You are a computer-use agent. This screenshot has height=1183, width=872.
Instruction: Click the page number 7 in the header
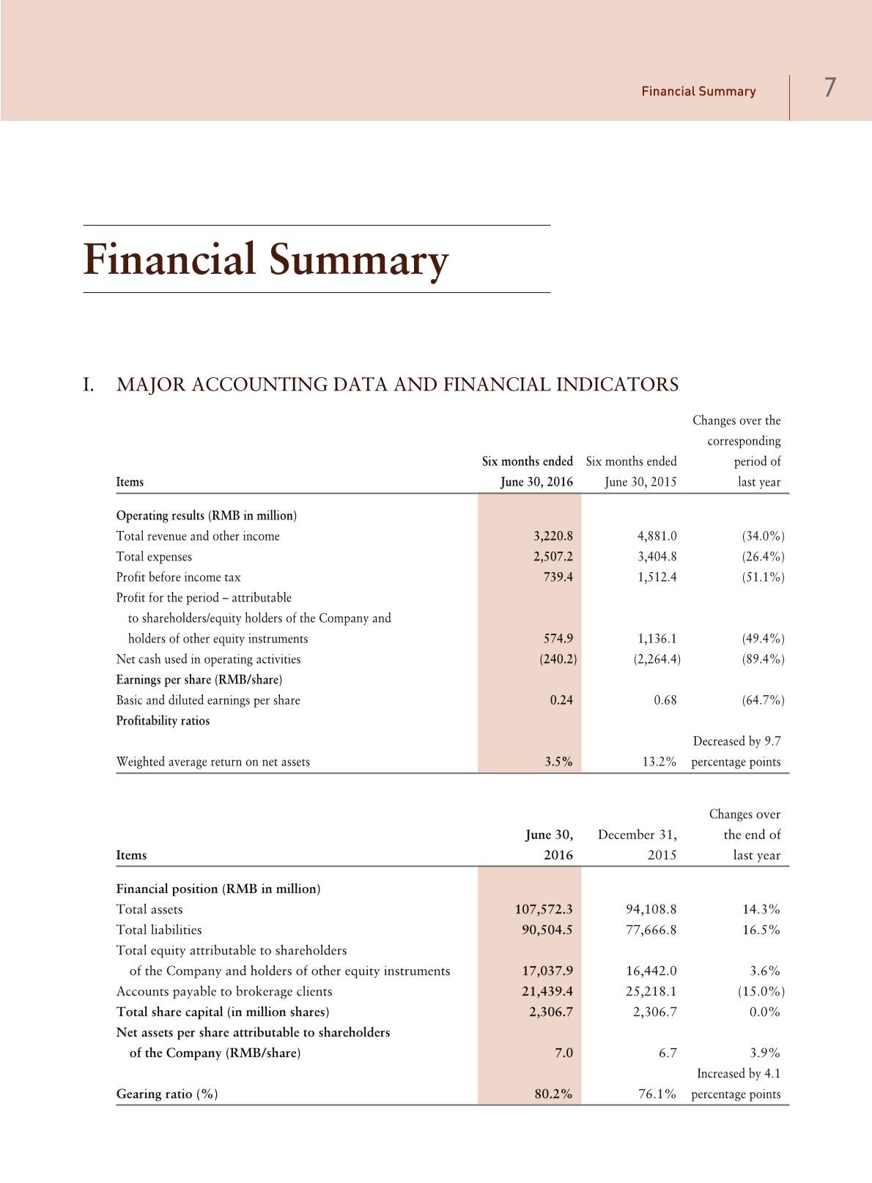pos(829,88)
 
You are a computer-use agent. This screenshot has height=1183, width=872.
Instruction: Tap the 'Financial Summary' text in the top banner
pos(698,92)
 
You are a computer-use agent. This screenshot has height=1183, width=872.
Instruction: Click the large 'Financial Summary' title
pos(265,259)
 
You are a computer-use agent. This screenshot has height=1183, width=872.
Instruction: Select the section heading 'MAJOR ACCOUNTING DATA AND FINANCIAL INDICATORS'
pos(397,385)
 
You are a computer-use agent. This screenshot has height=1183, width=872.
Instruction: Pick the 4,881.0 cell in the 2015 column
pos(657,536)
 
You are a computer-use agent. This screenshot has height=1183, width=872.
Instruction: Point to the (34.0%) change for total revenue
pos(763,536)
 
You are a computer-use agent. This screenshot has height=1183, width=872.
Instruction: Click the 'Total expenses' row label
pos(154,557)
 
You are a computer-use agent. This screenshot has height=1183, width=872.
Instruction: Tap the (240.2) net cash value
pos(558,659)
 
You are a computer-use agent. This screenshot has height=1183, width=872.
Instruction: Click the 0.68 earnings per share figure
pos(665,700)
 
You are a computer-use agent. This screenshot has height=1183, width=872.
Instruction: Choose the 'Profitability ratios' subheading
pos(163,721)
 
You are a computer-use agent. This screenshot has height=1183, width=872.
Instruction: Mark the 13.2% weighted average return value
pos(659,762)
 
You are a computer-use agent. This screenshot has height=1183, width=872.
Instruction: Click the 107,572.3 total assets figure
pos(544,910)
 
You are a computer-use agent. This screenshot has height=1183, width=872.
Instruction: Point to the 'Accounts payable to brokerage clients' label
pos(224,992)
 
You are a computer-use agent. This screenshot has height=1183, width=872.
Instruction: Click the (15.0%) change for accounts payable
pos(761,992)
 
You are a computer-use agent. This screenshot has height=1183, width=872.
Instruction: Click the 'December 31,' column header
pos(637,835)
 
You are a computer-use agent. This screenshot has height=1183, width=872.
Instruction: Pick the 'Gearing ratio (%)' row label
pos(167,1094)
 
